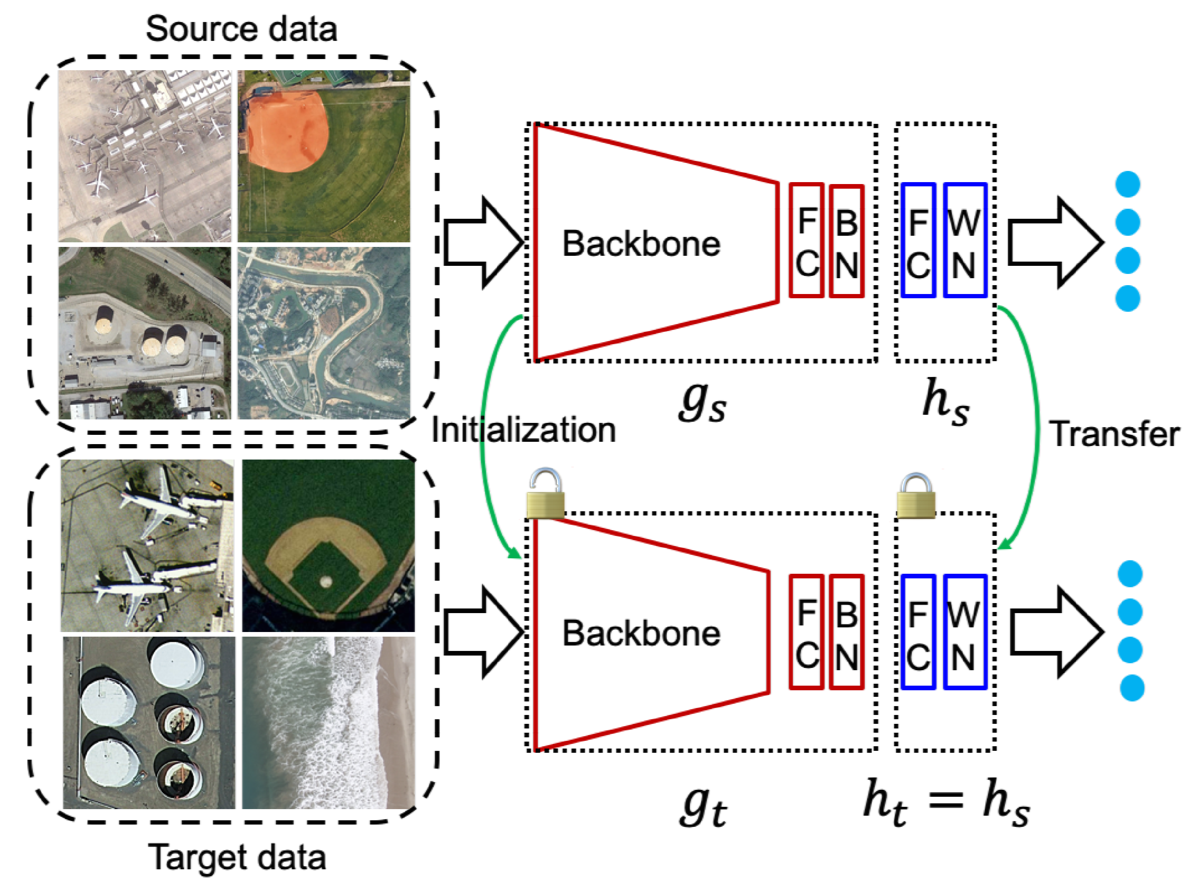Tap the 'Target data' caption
pos(237,857)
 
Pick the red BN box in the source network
pos(847,241)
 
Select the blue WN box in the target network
pos(965,632)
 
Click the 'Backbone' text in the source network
pos(641,243)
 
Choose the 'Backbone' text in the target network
pos(641,633)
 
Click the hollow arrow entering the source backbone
pos(484,242)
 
